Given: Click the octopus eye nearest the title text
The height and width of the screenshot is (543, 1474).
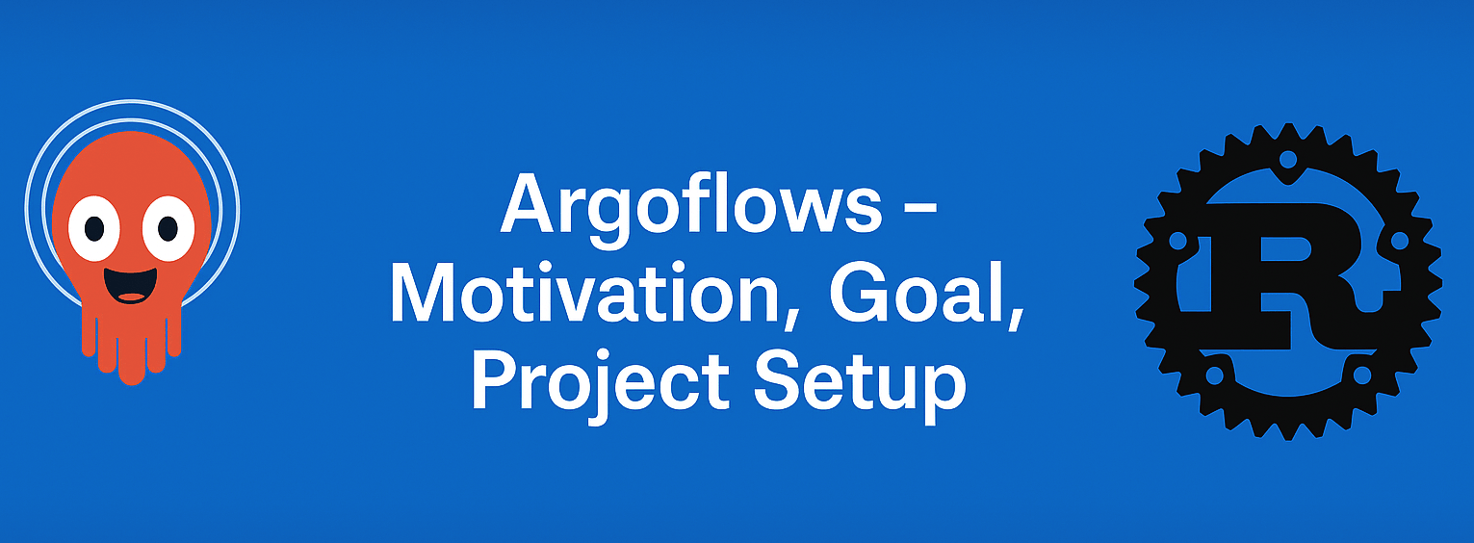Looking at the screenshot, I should click(168, 228).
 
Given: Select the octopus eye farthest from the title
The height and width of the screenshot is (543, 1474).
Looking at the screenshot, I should click(94, 228).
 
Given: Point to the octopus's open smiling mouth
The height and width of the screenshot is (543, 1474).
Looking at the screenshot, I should click(131, 285).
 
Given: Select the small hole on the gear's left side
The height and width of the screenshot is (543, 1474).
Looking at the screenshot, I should click(1177, 239).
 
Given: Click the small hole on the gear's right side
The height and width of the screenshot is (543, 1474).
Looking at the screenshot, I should click(1399, 239).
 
